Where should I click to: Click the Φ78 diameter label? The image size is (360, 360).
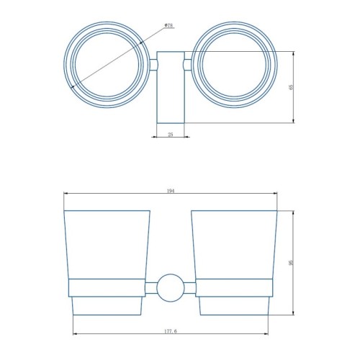coord(169,26)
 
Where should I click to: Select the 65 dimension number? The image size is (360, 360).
coord(292,87)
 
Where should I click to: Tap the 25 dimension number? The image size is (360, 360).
coord(171,135)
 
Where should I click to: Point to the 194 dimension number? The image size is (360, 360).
coord(170,191)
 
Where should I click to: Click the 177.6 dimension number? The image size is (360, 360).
coord(171,331)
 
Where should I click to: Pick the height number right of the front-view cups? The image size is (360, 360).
coord(292,263)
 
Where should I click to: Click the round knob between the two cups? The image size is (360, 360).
coord(171,288)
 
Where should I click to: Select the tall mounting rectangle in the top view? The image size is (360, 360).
coord(171,87)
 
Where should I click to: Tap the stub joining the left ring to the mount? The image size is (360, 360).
coord(153,65)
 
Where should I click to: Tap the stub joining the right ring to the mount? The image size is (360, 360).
coord(187,65)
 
